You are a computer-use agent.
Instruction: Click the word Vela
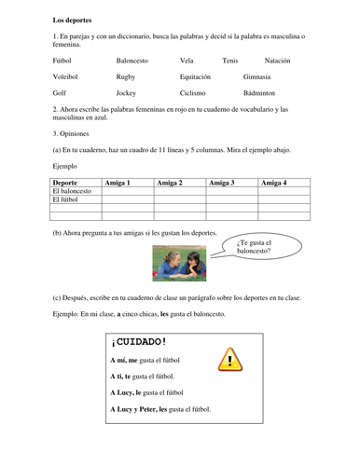click(187, 60)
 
